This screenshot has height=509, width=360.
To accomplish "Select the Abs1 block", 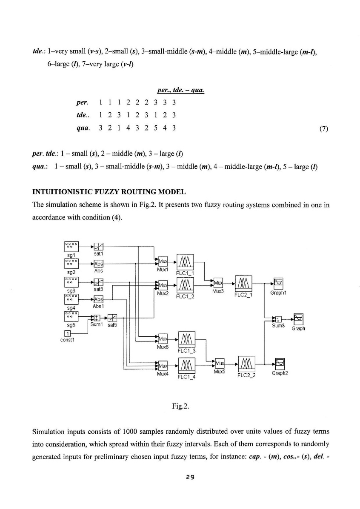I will click(98, 299).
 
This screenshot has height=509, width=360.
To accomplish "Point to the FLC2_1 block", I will click(244, 283).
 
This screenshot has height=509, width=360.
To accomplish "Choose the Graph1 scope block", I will click(279, 282).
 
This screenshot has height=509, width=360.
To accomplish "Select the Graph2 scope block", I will click(280, 363).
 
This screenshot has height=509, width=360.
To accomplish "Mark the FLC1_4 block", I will click(186, 365).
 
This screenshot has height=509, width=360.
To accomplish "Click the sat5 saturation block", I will click(112, 317).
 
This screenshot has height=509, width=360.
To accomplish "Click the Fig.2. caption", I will click(180, 406).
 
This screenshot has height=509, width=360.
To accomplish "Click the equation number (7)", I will click(323, 128).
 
